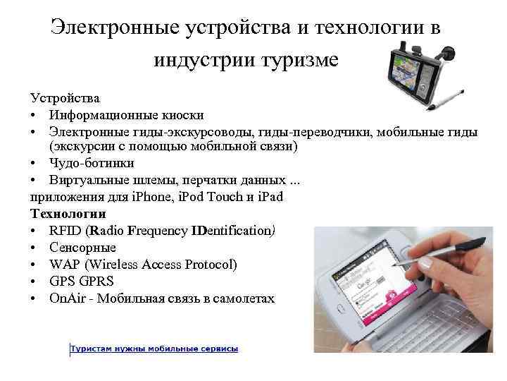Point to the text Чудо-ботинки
[92, 163]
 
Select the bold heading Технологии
[68, 213]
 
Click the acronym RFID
[65, 230]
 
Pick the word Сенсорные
[82, 248]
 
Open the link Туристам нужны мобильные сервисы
[154, 349]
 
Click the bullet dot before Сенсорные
[35, 248]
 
